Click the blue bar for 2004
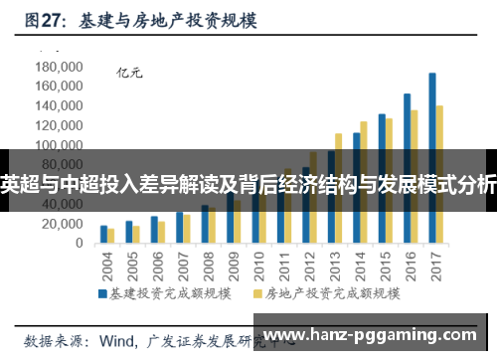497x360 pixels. coord(103,235)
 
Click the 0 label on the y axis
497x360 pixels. coord(80,244)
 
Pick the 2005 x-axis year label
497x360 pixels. coord(131,266)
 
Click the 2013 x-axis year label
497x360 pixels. coord(334,266)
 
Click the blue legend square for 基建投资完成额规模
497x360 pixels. coord(101,293)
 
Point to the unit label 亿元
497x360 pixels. coord(130,71)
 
